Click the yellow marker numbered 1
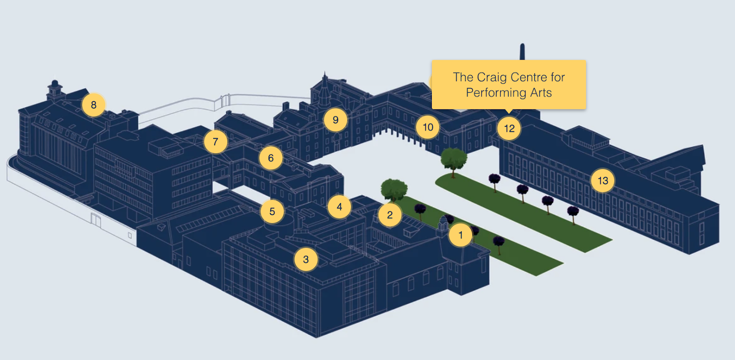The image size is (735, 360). click(x=460, y=235)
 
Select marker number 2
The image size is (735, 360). click(x=390, y=215)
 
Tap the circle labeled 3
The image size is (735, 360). click(x=306, y=259)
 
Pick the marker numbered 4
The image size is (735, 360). click(x=339, y=207)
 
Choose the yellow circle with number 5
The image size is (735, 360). click(x=272, y=212)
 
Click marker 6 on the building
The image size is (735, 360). click(x=271, y=158)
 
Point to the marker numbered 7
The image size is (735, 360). click(x=215, y=141)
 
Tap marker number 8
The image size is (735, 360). click(x=94, y=105)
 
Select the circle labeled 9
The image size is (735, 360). click(x=336, y=120)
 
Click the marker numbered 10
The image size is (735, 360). click(x=428, y=127)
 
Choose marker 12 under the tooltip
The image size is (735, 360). click(x=509, y=129)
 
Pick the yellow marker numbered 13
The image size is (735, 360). click(x=603, y=181)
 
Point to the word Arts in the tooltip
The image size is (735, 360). click(x=541, y=93)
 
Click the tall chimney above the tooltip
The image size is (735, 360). click(x=522, y=51)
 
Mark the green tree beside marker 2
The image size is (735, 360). click(x=394, y=189)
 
